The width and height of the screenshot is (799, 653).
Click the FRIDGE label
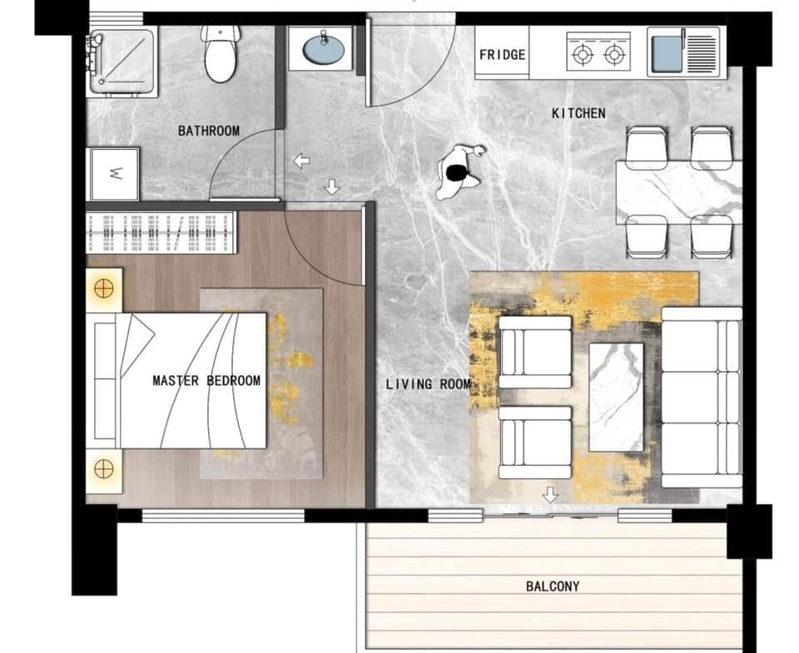point(503,55)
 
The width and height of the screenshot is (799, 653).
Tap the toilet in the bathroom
point(221,54)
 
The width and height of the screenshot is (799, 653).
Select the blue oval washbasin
point(323,49)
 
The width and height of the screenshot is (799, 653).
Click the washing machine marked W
point(115,174)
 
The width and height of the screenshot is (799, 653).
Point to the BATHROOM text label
point(209,131)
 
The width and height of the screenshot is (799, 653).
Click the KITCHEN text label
point(579,113)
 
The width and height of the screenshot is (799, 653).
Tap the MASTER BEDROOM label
point(206,380)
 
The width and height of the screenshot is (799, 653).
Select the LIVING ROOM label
point(428,384)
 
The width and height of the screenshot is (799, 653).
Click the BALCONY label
point(553,586)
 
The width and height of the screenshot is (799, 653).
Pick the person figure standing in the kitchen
point(459,173)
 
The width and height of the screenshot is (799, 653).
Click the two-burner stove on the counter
point(598,52)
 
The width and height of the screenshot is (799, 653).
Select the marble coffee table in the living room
point(616,398)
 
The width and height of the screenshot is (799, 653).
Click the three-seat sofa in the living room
point(702,398)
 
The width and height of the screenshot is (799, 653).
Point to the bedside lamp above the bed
point(104,289)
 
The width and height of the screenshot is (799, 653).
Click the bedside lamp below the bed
point(104,470)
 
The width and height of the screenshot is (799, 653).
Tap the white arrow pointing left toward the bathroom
point(301,161)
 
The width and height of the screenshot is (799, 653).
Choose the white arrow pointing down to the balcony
point(550,494)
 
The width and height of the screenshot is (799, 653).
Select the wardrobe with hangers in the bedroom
point(161,233)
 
